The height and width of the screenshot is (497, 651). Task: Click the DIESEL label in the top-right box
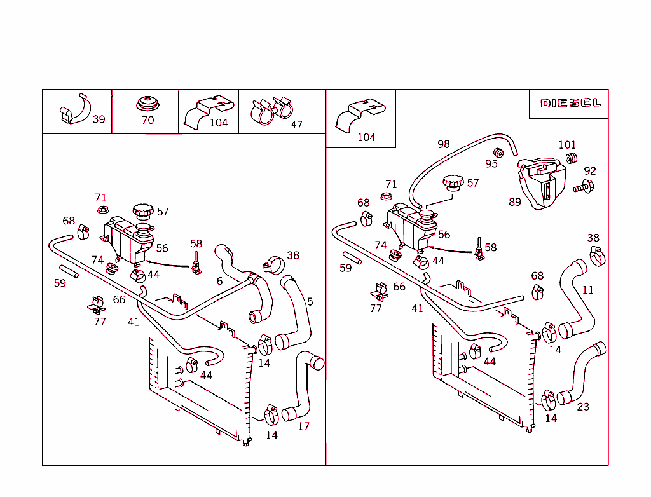pyautogui.click(x=570, y=103)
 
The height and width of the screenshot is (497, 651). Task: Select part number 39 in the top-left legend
pyautogui.click(x=99, y=119)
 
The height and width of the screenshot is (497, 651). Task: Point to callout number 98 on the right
pyautogui.click(x=444, y=144)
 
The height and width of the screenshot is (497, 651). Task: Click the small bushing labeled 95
pyautogui.click(x=499, y=153)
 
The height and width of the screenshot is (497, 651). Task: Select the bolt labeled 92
pyautogui.click(x=584, y=187)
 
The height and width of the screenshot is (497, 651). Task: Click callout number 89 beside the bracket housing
pyautogui.click(x=515, y=202)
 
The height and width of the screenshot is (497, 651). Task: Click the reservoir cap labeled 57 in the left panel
pyautogui.click(x=143, y=210)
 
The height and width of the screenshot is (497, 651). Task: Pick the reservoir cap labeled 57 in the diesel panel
pyautogui.click(x=453, y=183)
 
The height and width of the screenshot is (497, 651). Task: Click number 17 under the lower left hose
pyautogui.click(x=304, y=426)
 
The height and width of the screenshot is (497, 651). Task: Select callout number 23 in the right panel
pyautogui.click(x=583, y=407)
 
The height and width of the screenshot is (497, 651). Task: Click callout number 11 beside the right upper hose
pyautogui.click(x=588, y=290)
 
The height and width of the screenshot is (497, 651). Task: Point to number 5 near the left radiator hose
pyautogui.click(x=310, y=302)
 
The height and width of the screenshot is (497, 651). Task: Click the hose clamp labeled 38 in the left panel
pyautogui.click(x=275, y=263)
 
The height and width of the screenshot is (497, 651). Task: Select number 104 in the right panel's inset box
pyautogui.click(x=366, y=137)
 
